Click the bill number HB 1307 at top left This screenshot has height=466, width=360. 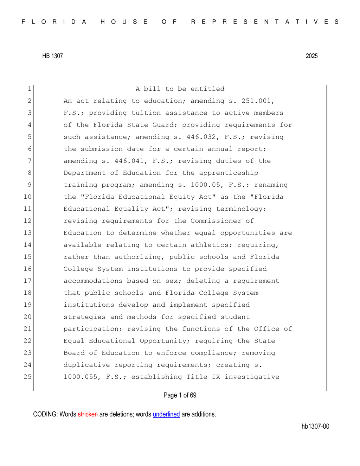(x=52, y=56)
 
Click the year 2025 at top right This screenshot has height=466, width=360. (x=311, y=56)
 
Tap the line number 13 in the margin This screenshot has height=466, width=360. (x=27, y=233)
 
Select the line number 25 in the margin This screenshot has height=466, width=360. (x=27, y=377)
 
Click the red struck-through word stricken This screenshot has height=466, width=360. (x=88, y=414)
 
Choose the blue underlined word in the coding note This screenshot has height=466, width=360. (x=166, y=414)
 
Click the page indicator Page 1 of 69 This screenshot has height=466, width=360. (x=180, y=395)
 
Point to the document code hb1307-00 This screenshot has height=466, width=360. (x=315, y=426)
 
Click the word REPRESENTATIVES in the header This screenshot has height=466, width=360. (x=265, y=22)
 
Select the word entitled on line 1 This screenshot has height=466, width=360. (x=207, y=89)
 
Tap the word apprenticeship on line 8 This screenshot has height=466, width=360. (x=229, y=173)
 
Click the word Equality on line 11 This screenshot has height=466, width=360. (x=131, y=209)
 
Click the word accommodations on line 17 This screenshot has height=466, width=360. (x=93, y=281)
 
